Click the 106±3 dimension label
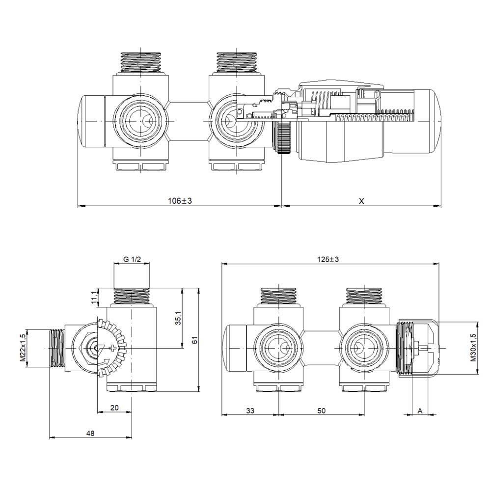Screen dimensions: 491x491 pos(179,201)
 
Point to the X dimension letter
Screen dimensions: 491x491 pos(361,201)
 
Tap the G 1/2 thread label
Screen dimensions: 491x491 pos(132,260)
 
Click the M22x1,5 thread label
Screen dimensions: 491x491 pos(23,348)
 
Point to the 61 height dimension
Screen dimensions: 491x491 pos(194,340)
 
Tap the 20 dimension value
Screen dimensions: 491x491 pos(114,408)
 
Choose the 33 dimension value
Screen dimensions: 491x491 pos(250,410)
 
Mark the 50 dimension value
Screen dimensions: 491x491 pos(322,410)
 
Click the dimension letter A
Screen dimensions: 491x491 pos(420,410)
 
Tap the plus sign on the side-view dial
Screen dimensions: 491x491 pos(114,349)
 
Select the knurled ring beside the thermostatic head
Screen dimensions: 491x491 pos(284,137)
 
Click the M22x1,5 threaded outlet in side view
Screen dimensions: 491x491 pos(57,348)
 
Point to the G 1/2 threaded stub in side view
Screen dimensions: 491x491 pos(132,296)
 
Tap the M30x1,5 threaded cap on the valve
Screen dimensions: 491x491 pos(405,348)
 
